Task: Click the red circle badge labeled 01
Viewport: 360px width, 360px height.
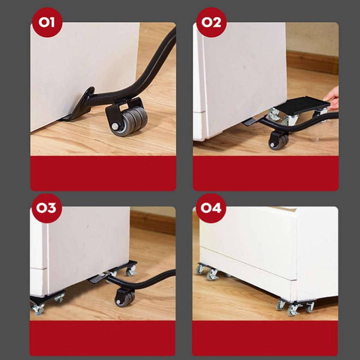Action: pyautogui.click(x=47, y=22)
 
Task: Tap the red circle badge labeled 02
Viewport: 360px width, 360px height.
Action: pyautogui.click(x=211, y=22)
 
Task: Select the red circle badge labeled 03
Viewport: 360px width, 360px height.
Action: pyautogui.click(x=47, y=208)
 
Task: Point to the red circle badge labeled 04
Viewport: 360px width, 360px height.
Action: pyautogui.click(x=211, y=208)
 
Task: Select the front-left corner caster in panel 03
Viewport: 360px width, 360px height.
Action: pyautogui.click(x=38, y=309)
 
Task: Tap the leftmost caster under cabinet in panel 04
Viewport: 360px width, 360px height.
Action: pyautogui.click(x=200, y=270)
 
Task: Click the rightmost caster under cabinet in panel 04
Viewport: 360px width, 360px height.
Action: pyautogui.click(x=310, y=307)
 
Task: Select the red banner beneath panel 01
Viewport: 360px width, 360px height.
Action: pyautogui.click(x=103, y=173)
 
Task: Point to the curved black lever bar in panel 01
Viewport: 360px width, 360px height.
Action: pyautogui.click(x=148, y=70)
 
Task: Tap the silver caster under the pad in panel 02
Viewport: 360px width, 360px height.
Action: pyautogui.click(x=275, y=115)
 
